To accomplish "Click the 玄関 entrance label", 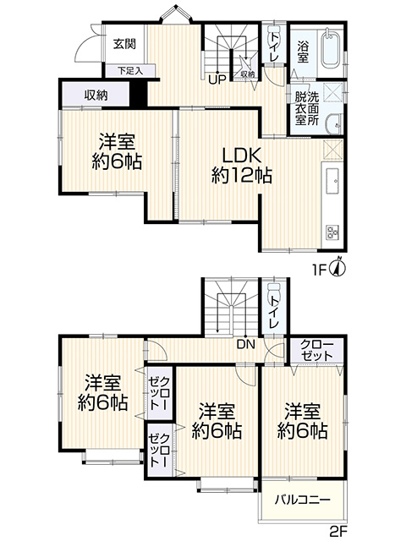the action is [124, 44].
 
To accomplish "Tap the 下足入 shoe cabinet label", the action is [129, 71].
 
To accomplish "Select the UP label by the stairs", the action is [217, 79].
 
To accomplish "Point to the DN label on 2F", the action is [245, 344].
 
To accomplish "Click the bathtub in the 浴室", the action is [331, 49].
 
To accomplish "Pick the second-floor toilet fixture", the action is [274, 287].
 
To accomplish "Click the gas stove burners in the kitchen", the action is [332, 232].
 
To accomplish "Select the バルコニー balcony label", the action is [303, 500].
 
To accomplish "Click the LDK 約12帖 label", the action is [241, 166].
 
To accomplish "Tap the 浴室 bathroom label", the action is [303, 51].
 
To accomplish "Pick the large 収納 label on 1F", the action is [96, 96].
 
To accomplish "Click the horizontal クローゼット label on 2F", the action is [316, 350].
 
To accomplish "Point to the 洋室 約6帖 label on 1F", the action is [117, 151].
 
